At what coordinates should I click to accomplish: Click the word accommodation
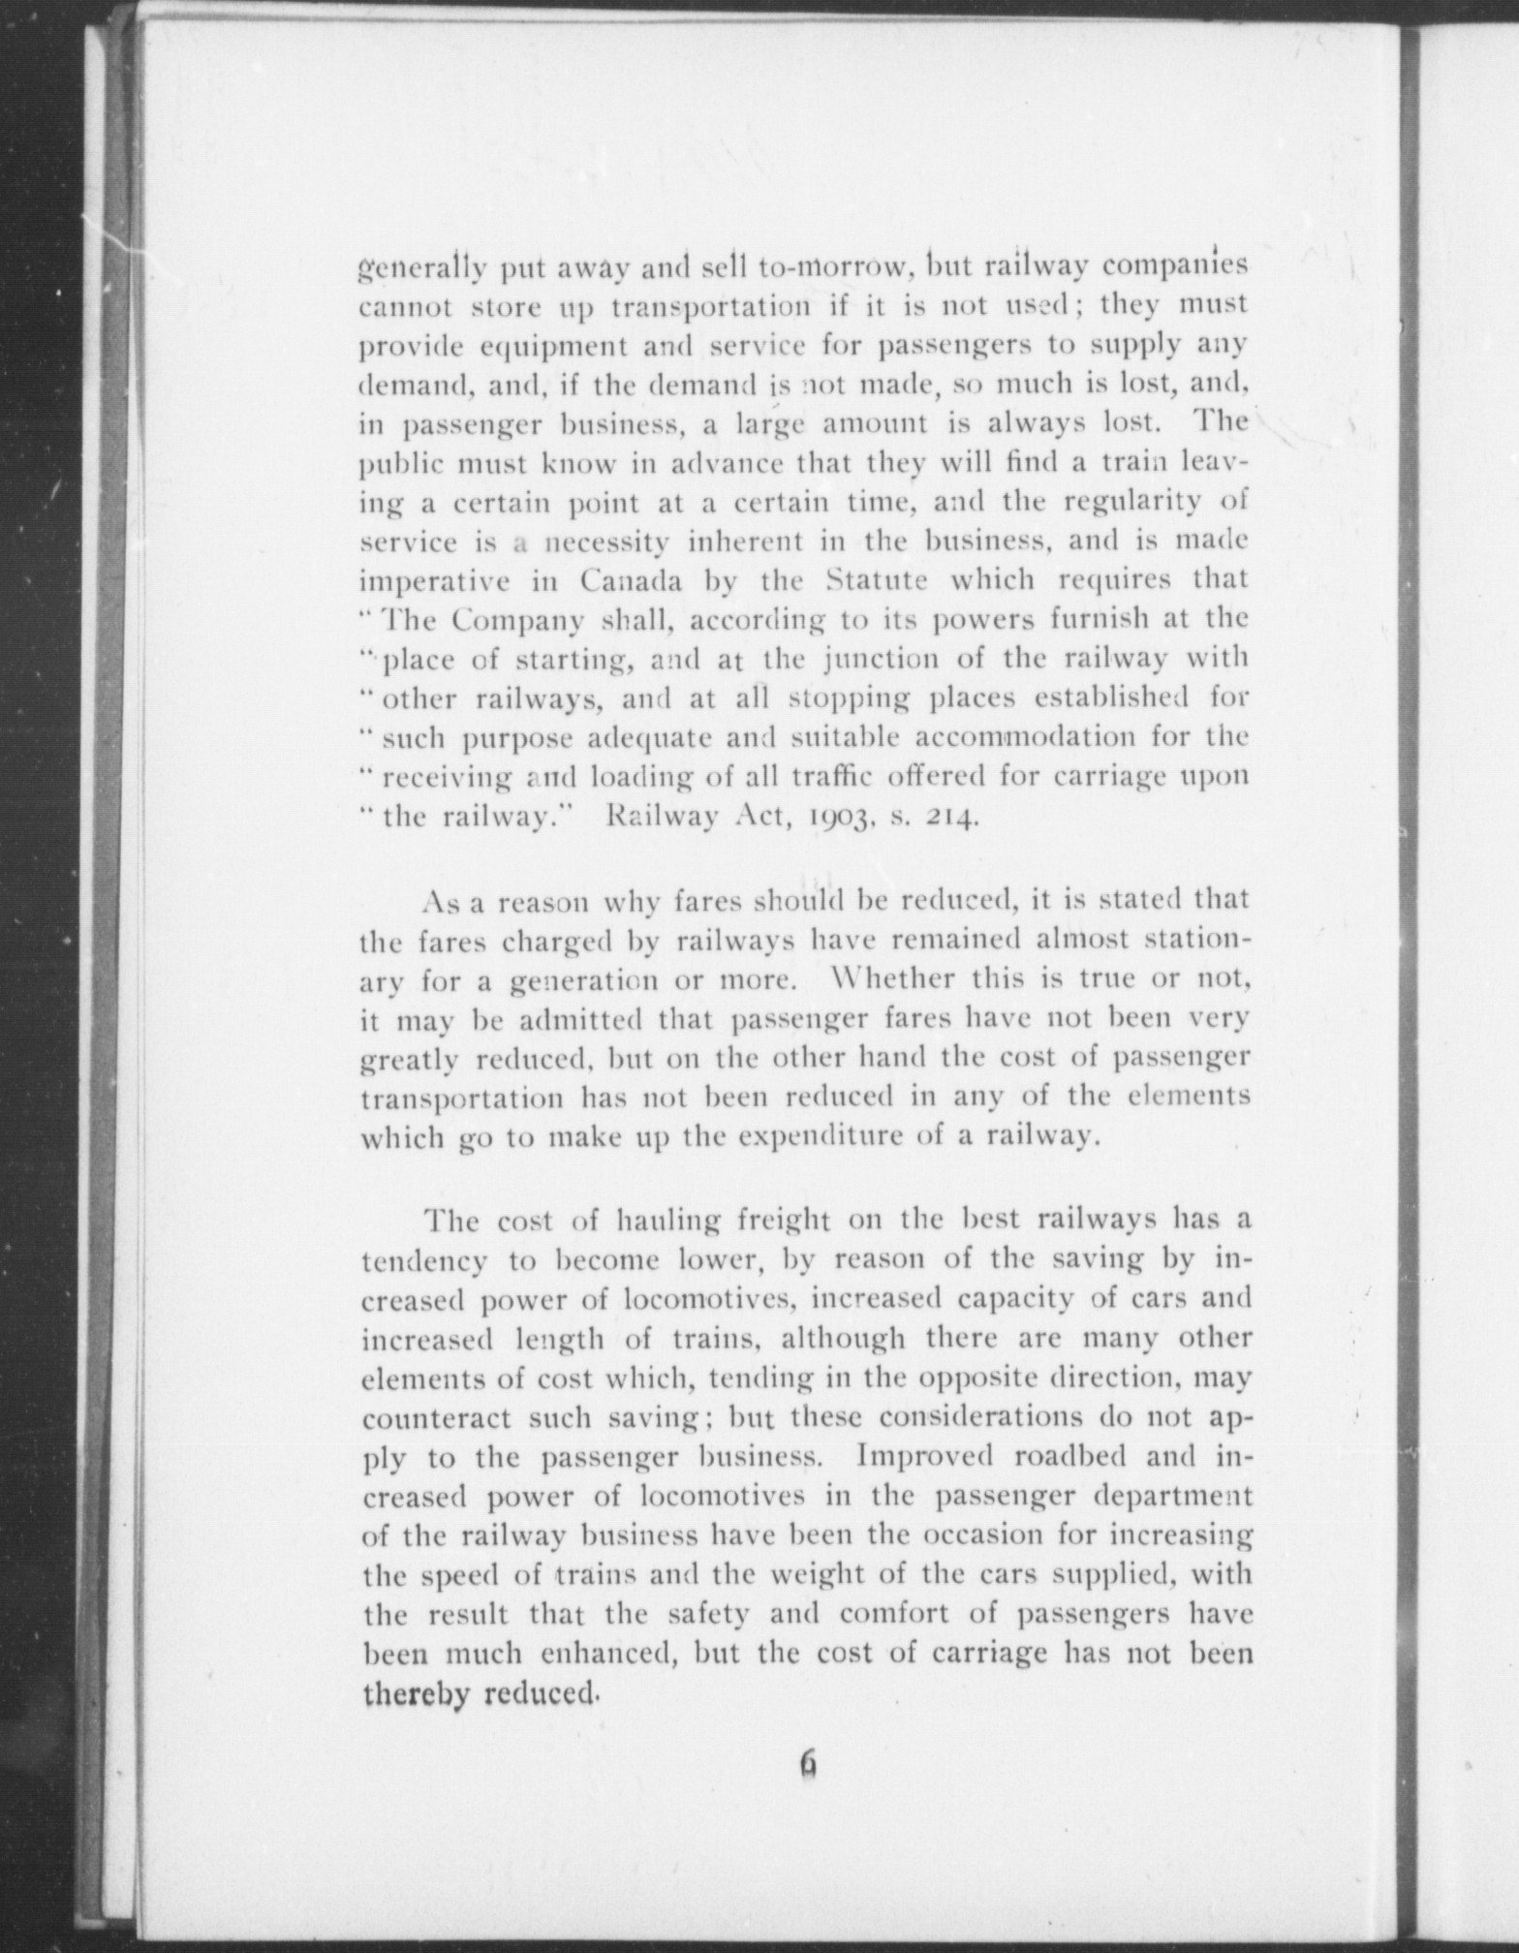tap(1027, 737)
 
